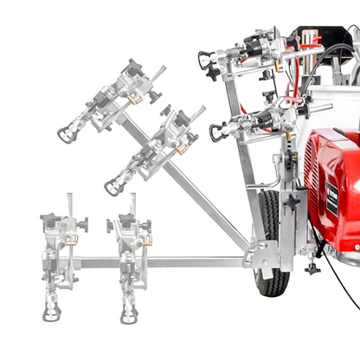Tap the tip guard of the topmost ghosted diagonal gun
66,134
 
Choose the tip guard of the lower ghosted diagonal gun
112,186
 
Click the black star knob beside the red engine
292,202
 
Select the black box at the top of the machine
312,39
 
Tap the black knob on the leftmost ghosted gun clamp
83,226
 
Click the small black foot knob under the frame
312,268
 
